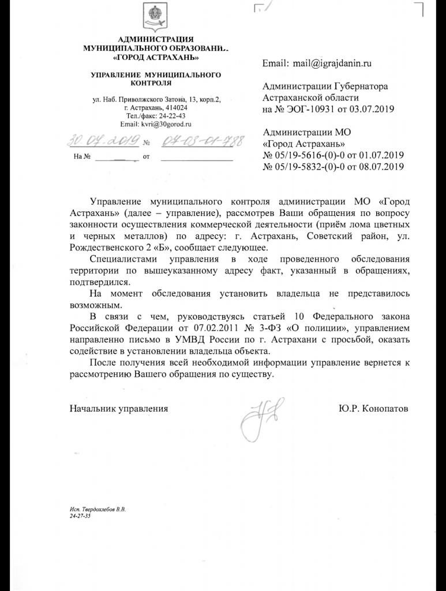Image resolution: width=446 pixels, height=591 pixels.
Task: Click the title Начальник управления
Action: coord(119,409)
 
